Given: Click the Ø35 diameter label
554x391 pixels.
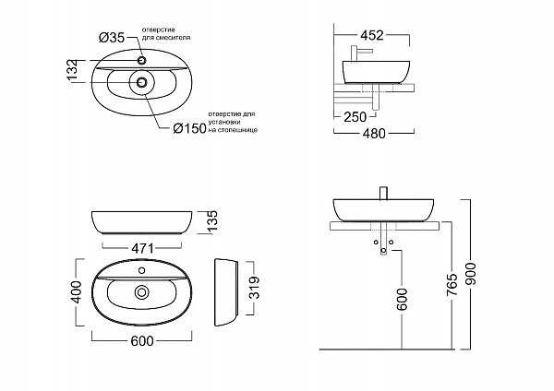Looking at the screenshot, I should (x=112, y=38).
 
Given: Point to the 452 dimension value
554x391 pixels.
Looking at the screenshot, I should (x=371, y=35).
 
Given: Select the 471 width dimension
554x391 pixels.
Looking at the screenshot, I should (x=141, y=247).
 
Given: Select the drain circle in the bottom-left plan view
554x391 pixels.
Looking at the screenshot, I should (x=141, y=293).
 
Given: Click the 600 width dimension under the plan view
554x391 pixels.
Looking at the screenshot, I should (x=141, y=341).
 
